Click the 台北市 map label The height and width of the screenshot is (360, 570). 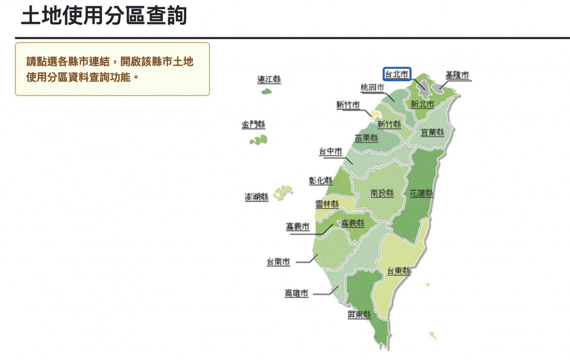click(397, 74)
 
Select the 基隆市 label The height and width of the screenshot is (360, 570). click(458, 75)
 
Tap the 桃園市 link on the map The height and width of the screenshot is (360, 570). click(372, 88)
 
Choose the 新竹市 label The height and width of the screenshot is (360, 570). click(348, 105)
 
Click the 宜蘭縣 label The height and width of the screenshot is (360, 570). click(433, 133)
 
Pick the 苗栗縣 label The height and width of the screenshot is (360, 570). click(366, 138)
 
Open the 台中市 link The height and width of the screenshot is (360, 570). click(330, 152)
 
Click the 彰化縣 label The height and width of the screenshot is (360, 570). click(321, 181)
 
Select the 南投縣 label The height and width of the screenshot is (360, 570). click(382, 193)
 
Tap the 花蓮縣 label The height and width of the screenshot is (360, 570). click(421, 193)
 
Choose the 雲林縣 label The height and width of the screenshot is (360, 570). click(327, 205)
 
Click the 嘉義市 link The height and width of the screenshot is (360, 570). click(298, 227)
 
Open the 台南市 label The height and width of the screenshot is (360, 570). click(279, 262)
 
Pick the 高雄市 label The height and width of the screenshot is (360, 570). click(296, 294)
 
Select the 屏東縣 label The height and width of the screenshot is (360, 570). click(359, 315)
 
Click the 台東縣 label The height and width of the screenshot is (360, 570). click(398, 271)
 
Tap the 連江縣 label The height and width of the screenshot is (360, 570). click(269, 79)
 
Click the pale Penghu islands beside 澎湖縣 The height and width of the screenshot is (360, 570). click(284, 192)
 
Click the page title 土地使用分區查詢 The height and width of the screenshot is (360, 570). click(104, 16)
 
